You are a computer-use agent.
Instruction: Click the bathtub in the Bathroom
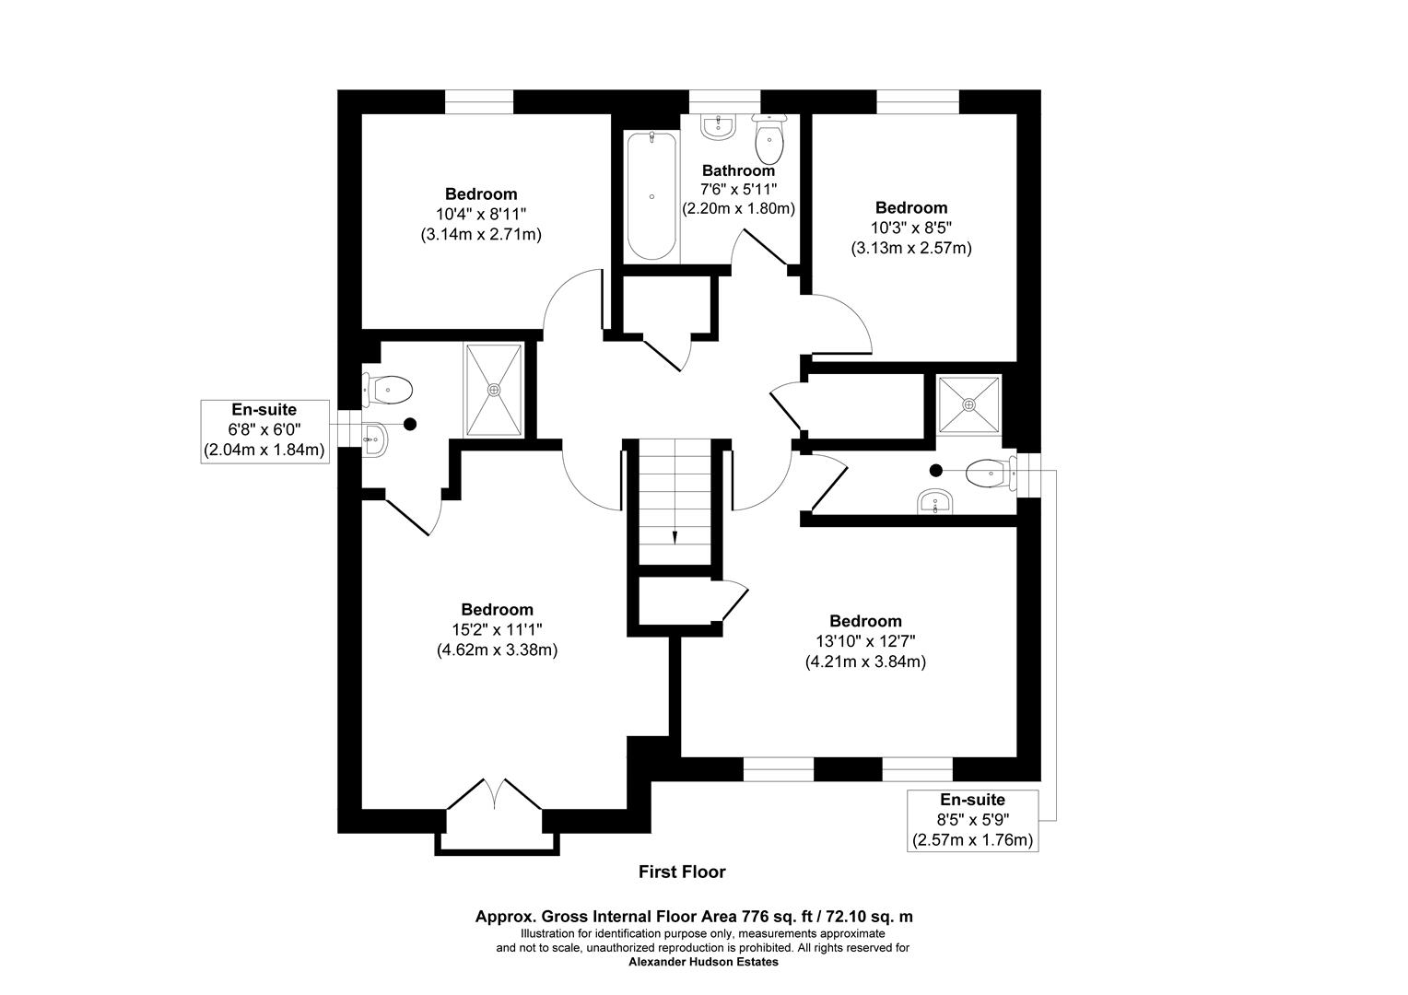[x=651, y=196]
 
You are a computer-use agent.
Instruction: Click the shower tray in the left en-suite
[x=495, y=389]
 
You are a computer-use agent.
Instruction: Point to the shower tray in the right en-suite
[x=968, y=404]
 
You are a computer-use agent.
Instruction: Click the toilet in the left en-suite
[x=388, y=389]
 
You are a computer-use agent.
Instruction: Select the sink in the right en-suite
[x=934, y=503]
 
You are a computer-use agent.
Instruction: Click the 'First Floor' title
[x=682, y=872]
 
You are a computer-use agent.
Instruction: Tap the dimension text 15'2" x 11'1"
[x=497, y=629]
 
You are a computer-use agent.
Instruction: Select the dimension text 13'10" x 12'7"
[x=865, y=641]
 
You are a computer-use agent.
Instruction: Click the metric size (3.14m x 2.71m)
[x=480, y=234]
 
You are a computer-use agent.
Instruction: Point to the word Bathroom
[x=738, y=170]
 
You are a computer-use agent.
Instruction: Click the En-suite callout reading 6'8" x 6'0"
[x=264, y=430]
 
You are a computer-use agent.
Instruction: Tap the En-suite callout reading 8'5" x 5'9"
[x=972, y=820]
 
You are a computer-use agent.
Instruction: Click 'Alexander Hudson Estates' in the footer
[x=702, y=962]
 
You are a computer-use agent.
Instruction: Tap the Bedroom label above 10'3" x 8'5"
[x=910, y=207]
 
